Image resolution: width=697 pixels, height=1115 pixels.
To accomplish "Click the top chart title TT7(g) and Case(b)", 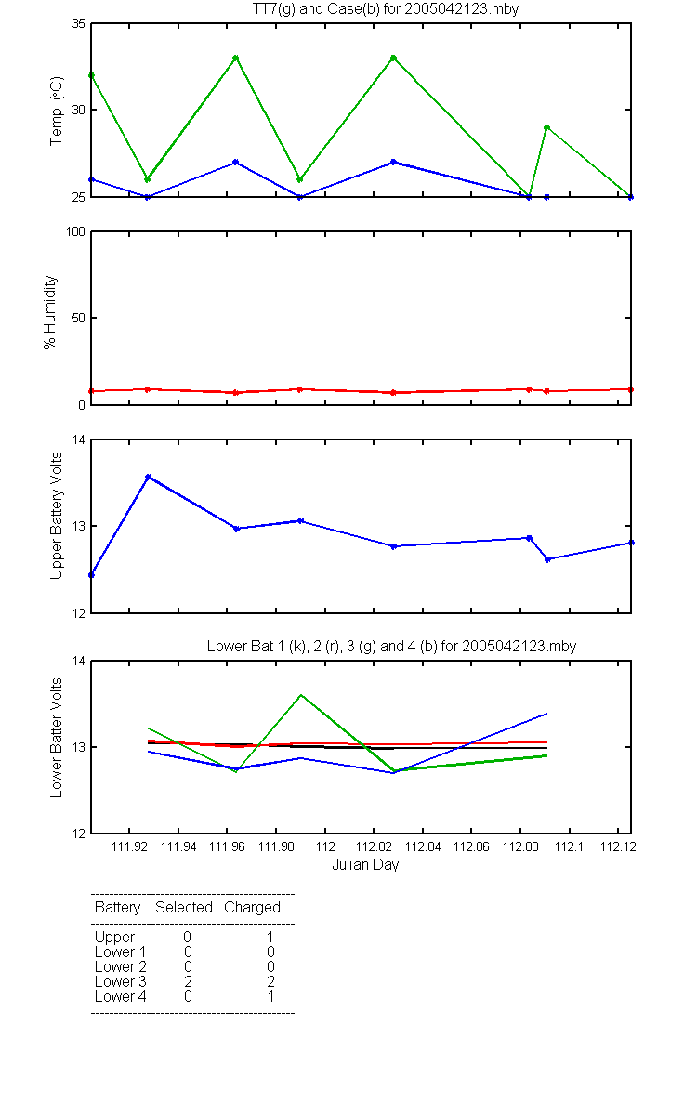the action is tap(386, 9).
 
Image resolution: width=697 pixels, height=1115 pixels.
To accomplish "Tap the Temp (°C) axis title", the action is tap(57, 111).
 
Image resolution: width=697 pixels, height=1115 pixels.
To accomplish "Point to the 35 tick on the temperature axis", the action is tap(79, 23).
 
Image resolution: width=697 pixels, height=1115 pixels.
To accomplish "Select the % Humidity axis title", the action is tap(50, 312).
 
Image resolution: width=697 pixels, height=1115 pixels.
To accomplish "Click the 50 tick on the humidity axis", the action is tap(79, 318).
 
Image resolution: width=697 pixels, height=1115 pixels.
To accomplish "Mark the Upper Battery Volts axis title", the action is tap(57, 516).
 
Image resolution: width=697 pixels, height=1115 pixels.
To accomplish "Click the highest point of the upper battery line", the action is tap(149, 477).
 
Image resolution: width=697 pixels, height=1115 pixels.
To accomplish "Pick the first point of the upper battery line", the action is tap(92, 575).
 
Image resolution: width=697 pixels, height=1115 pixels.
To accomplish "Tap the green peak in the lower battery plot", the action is tap(301, 695).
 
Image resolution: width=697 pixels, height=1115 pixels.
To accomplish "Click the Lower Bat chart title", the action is tap(392, 646).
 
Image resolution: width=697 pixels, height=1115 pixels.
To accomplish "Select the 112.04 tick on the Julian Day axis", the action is tap(423, 846).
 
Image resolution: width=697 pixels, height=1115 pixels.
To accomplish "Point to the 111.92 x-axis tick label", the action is tap(129, 846).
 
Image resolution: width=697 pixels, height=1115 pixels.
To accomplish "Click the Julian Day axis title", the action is tap(365, 865).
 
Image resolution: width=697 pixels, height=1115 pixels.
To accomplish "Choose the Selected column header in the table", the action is tap(184, 908).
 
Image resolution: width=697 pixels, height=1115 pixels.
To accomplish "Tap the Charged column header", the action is tap(253, 908).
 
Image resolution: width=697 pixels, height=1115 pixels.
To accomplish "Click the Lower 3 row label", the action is tap(121, 981).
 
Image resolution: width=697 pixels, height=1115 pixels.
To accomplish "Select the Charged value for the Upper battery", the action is tap(270, 937).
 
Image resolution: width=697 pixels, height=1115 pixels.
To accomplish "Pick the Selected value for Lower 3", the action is tap(188, 981).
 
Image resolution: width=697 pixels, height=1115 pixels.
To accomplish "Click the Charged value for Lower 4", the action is tap(270, 996).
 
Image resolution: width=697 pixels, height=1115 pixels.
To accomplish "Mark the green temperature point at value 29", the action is tap(546, 127).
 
